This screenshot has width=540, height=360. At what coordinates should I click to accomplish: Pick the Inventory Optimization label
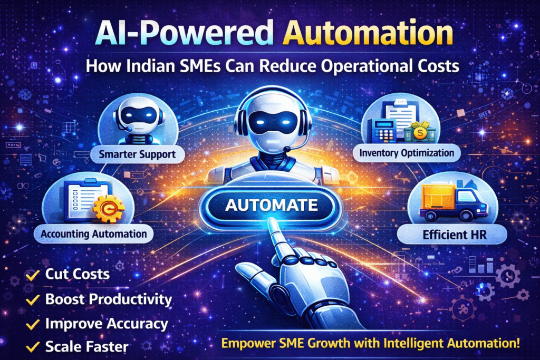(x=406, y=153)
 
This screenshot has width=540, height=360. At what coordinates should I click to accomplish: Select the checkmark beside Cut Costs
(x=33, y=274)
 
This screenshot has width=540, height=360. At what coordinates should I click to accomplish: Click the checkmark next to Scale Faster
(x=33, y=347)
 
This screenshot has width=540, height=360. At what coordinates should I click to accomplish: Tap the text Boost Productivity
(x=109, y=299)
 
